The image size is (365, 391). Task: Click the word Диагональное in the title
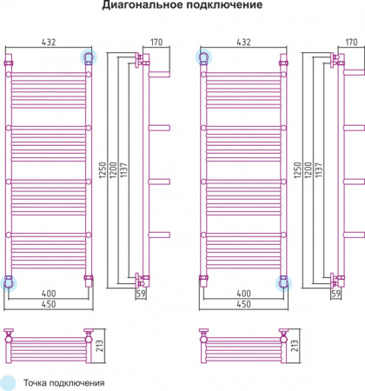point(143,5)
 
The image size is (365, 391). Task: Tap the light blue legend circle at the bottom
point(8,383)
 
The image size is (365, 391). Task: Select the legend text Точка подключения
point(64,383)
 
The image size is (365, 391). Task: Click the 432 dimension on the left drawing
point(49,42)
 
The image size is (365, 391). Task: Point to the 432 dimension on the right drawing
point(243,42)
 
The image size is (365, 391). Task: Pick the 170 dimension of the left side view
point(156,42)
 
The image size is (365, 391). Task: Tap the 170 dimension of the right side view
point(351,42)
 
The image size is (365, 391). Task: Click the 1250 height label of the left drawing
point(103,170)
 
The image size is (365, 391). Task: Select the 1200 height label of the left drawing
point(113,170)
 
